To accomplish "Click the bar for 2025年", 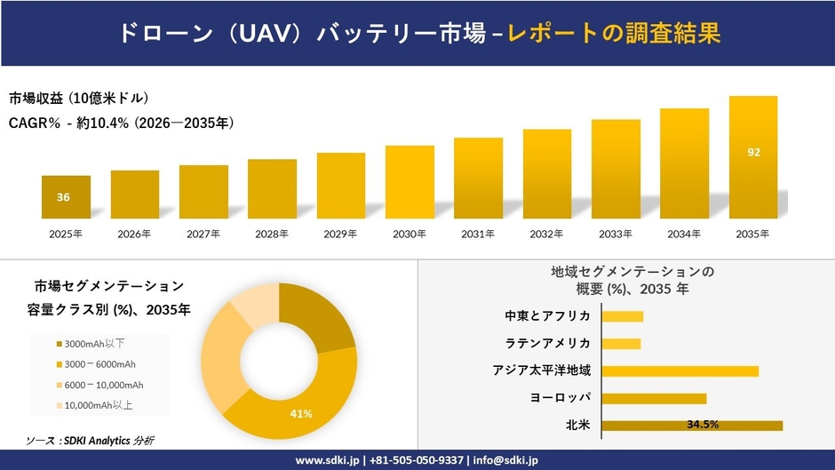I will pyautogui.click(x=67, y=197).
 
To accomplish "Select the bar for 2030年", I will pyautogui.click(x=410, y=182).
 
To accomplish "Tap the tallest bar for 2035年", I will pyautogui.click(x=753, y=157).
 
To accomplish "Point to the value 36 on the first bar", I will pyautogui.click(x=63, y=197).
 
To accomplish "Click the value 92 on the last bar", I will pyautogui.click(x=753, y=152).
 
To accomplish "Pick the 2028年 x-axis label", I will pyautogui.click(x=272, y=235).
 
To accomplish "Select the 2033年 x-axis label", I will pyautogui.click(x=616, y=235).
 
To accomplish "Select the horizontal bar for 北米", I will pyautogui.click(x=692, y=425).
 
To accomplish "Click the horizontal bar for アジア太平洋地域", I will pyautogui.click(x=680, y=370).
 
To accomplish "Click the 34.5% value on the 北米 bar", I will pyautogui.click(x=703, y=425).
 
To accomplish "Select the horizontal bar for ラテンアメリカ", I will pyautogui.click(x=621, y=343).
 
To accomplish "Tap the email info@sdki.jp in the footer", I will pyautogui.click(x=503, y=460).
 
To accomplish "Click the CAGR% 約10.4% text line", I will pyautogui.click(x=121, y=123).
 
